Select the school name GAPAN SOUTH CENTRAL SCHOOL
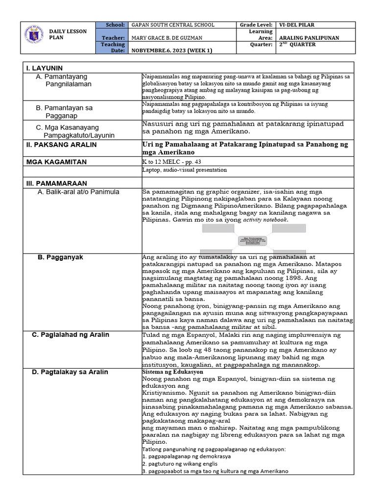170,25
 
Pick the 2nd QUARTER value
297,45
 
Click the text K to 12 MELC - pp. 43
167,161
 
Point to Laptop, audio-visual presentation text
184,170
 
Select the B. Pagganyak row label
61,257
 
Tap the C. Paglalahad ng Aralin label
70,335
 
